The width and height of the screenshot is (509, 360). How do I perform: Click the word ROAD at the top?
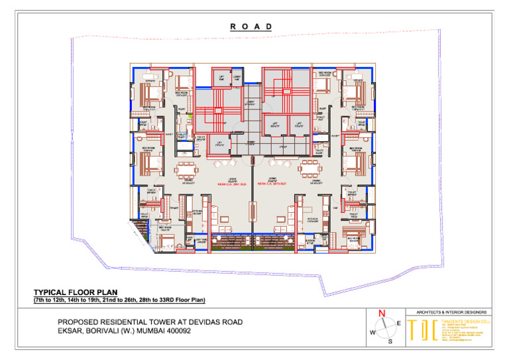(251, 27)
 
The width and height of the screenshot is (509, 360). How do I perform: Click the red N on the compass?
(382, 314)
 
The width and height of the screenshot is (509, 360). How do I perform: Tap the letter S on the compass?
(390, 341)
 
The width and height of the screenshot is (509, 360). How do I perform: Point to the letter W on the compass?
(372, 332)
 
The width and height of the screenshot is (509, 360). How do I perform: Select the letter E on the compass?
(398, 323)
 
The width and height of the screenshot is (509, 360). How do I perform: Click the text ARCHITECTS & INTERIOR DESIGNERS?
(453, 312)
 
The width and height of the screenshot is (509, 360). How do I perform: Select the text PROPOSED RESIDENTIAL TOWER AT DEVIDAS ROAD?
(150, 322)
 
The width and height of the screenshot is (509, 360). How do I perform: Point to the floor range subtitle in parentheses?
(120, 300)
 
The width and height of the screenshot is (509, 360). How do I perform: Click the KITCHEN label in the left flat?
(197, 213)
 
